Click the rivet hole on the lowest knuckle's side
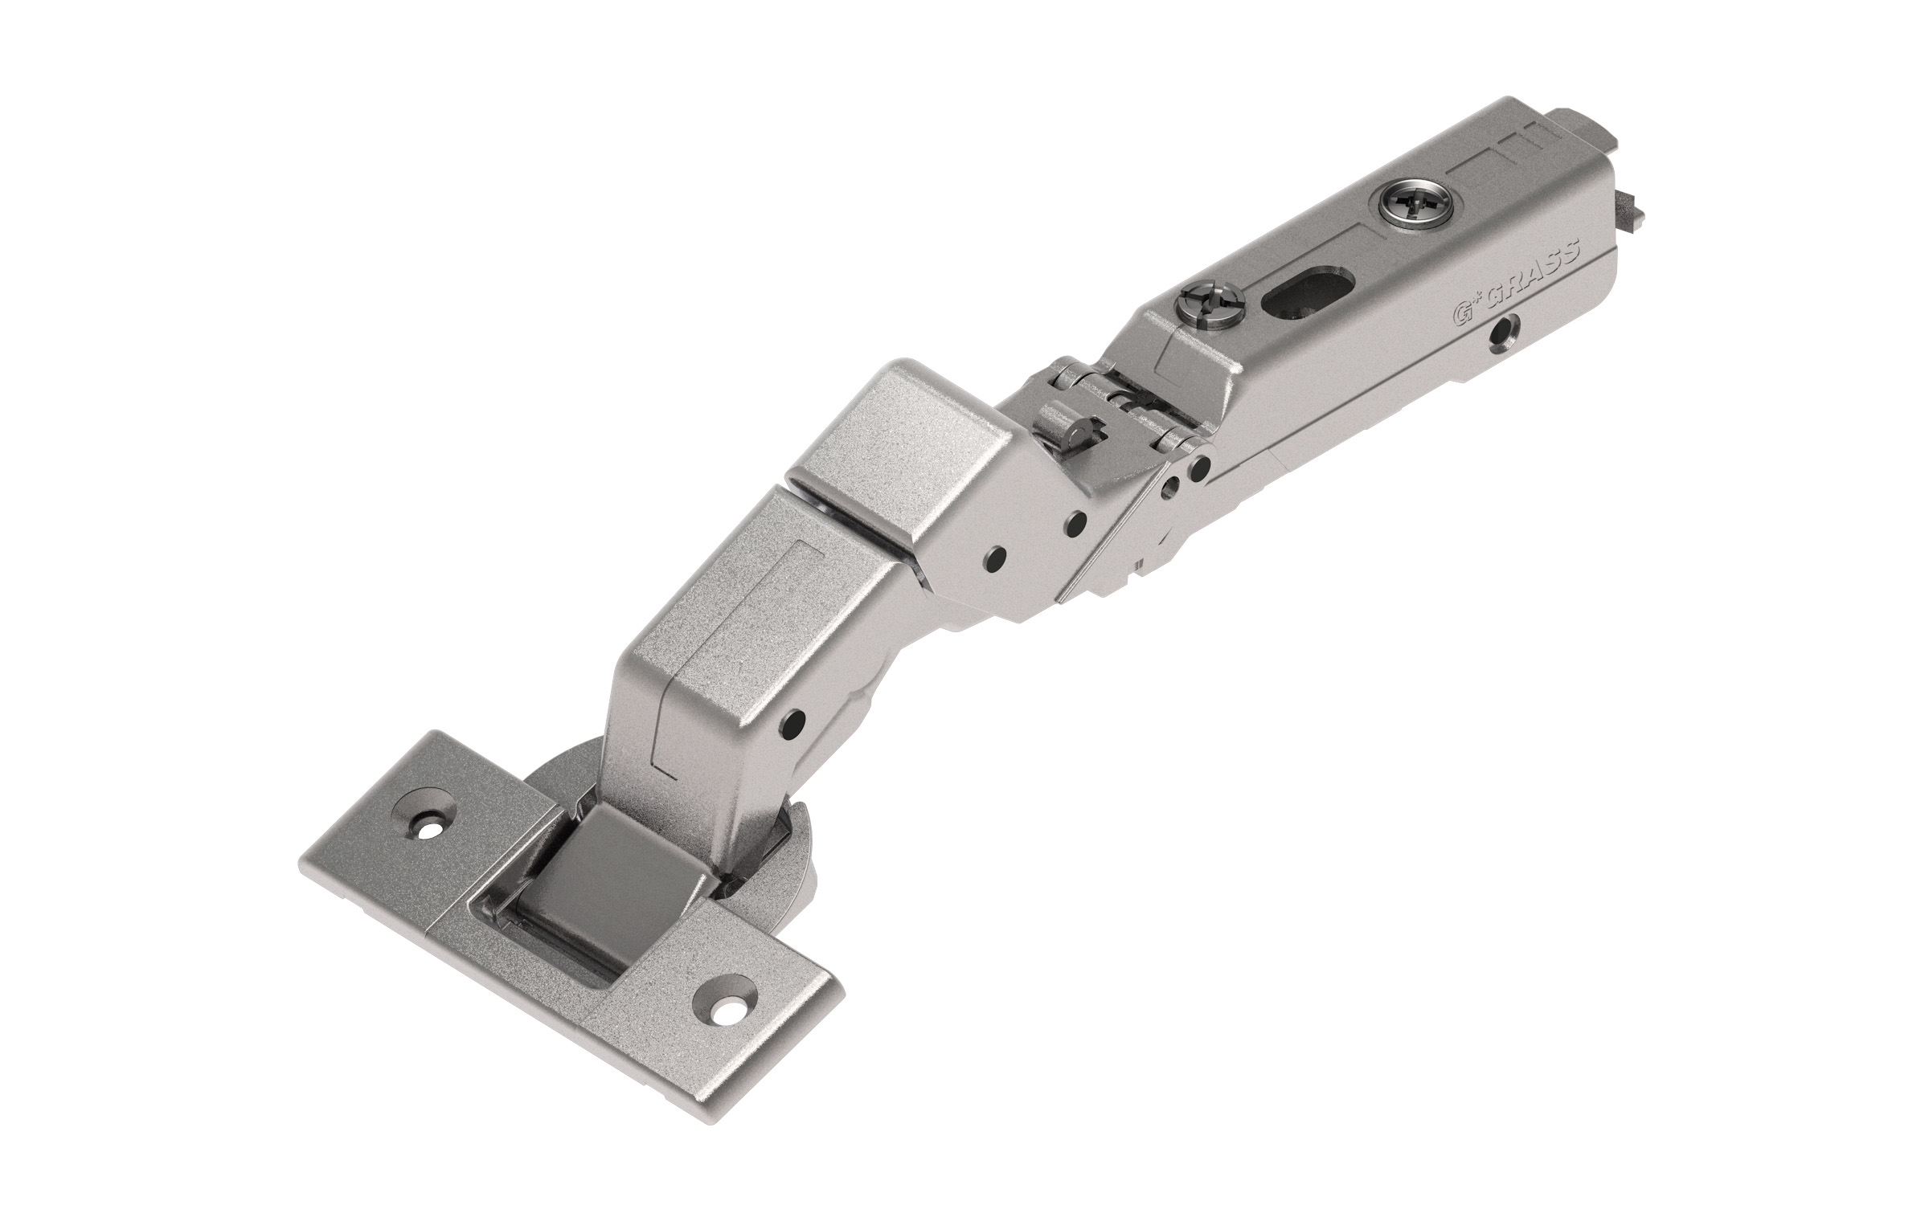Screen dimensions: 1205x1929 pyautogui.click(x=795, y=717)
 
